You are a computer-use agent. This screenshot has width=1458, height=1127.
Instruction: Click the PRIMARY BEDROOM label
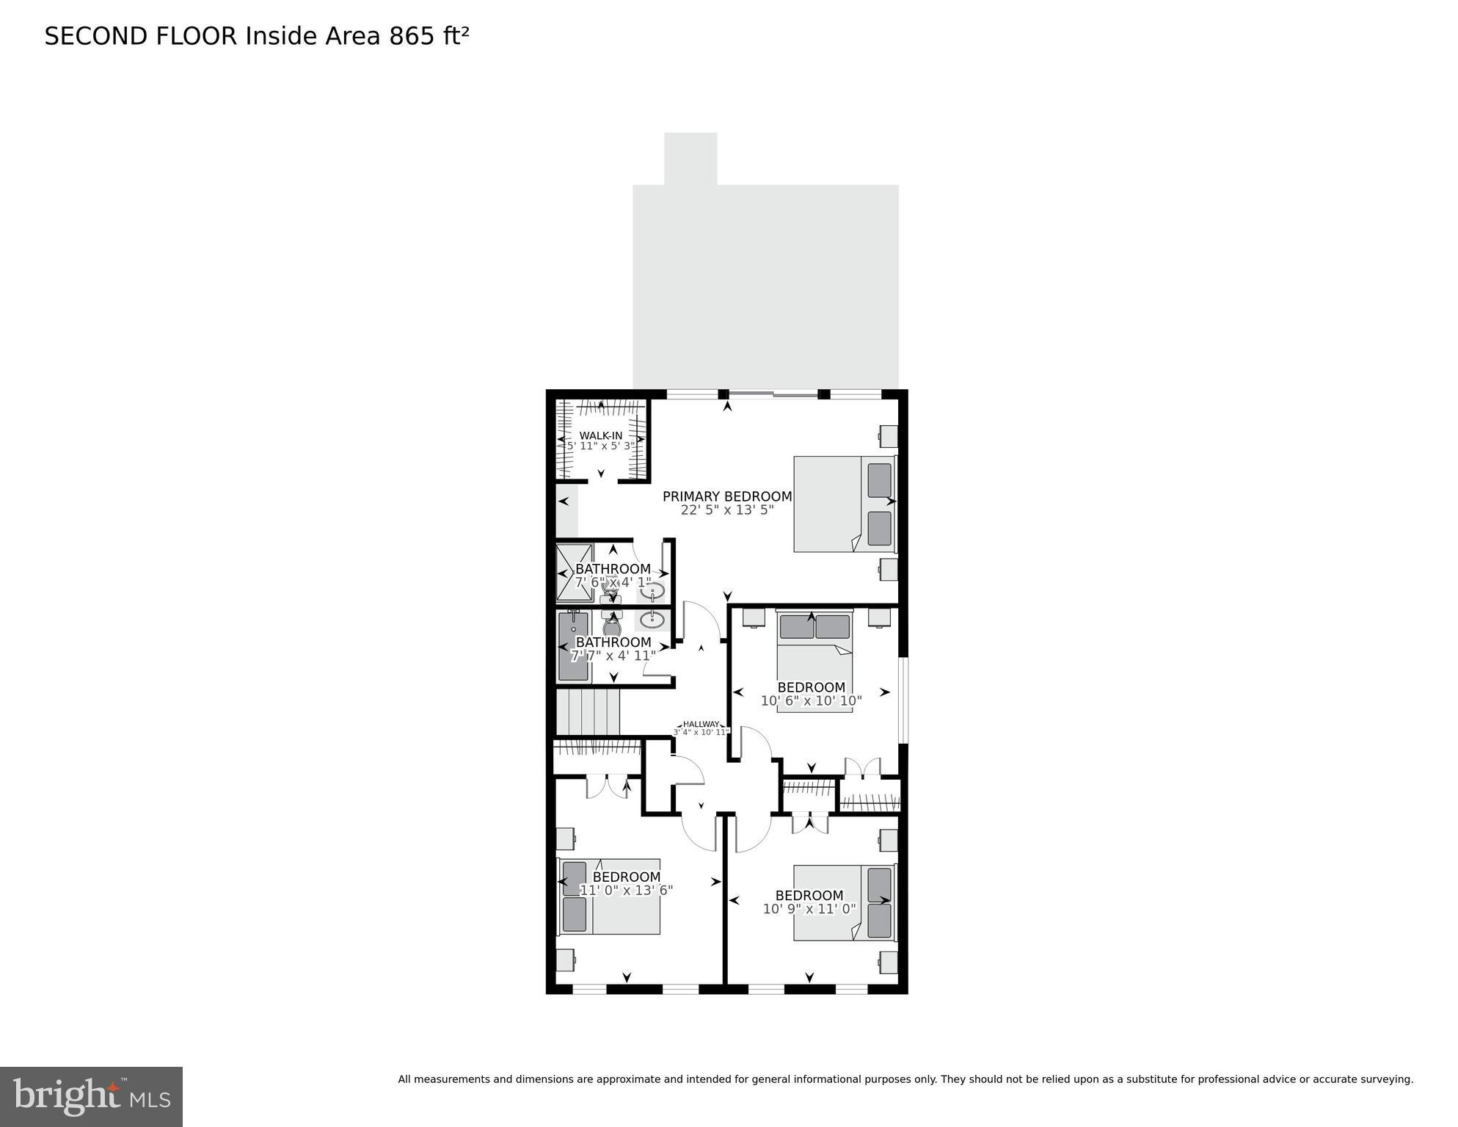pos(726,496)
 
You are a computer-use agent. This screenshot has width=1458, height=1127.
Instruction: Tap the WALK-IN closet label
pos(600,435)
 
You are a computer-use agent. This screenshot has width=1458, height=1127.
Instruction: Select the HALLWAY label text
pos(701,724)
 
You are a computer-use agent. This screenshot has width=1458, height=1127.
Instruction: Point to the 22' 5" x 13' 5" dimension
pos(726,510)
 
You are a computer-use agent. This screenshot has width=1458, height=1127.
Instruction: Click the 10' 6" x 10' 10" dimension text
pos(811,701)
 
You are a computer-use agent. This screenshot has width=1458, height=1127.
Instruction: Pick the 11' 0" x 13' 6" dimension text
pos(626,891)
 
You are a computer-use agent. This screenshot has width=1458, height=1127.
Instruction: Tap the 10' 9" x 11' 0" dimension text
pos(809,909)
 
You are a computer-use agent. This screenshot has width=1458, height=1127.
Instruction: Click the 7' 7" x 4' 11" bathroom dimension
pos(613,656)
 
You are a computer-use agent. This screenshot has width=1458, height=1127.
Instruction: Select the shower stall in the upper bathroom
pos(574,572)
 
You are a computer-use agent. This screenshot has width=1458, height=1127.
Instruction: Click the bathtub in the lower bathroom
pos(573,646)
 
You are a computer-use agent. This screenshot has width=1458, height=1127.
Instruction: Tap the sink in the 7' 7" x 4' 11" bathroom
pos(652,620)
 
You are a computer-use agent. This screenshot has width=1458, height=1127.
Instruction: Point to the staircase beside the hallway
pos(588,711)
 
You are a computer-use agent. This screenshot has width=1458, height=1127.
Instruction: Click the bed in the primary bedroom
pos(844,504)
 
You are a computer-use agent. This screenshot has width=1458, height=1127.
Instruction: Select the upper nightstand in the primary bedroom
pos(889,436)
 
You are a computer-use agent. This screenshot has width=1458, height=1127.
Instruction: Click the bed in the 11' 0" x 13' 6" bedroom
pos(610,896)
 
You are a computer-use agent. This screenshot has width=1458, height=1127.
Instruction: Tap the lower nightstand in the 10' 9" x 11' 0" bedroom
pos(889,962)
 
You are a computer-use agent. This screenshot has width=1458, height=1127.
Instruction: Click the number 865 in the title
pos(412,36)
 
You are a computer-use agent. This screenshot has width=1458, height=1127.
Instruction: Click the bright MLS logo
pos(91,1097)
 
